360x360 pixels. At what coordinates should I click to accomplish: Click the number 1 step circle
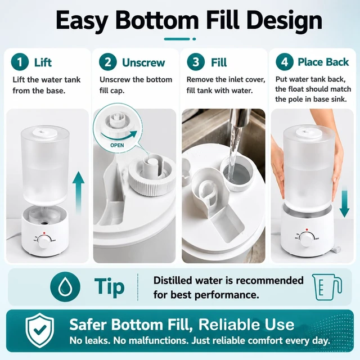(x=20, y=62)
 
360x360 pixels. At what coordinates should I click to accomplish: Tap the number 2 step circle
(x=107, y=62)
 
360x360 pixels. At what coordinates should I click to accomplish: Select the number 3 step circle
(x=196, y=62)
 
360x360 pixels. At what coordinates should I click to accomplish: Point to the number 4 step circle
(x=285, y=62)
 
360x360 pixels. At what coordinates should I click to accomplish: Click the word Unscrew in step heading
(x=143, y=62)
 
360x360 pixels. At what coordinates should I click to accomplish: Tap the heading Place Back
(x=323, y=62)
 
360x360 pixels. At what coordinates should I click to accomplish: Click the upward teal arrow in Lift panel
(x=78, y=192)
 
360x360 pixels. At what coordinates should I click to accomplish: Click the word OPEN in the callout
(x=117, y=145)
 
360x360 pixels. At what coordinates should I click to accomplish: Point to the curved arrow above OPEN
(x=119, y=136)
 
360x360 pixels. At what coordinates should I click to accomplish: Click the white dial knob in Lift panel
(x=44, y=241)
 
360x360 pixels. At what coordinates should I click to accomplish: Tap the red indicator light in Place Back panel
(x=307, y=229)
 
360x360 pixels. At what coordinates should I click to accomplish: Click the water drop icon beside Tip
(x=65, y=286)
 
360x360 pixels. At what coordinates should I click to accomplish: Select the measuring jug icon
(x=327, y=287)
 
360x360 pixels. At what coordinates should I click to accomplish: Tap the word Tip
(x=110, y=286)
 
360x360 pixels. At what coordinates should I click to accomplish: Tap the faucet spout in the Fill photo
(x=239, y=118)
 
